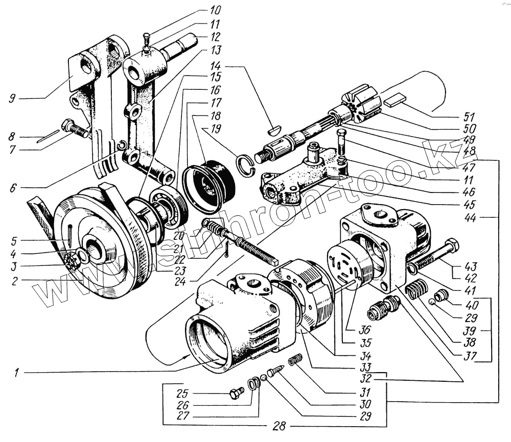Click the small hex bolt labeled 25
coord(237,394)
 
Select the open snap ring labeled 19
coord(246,165)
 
